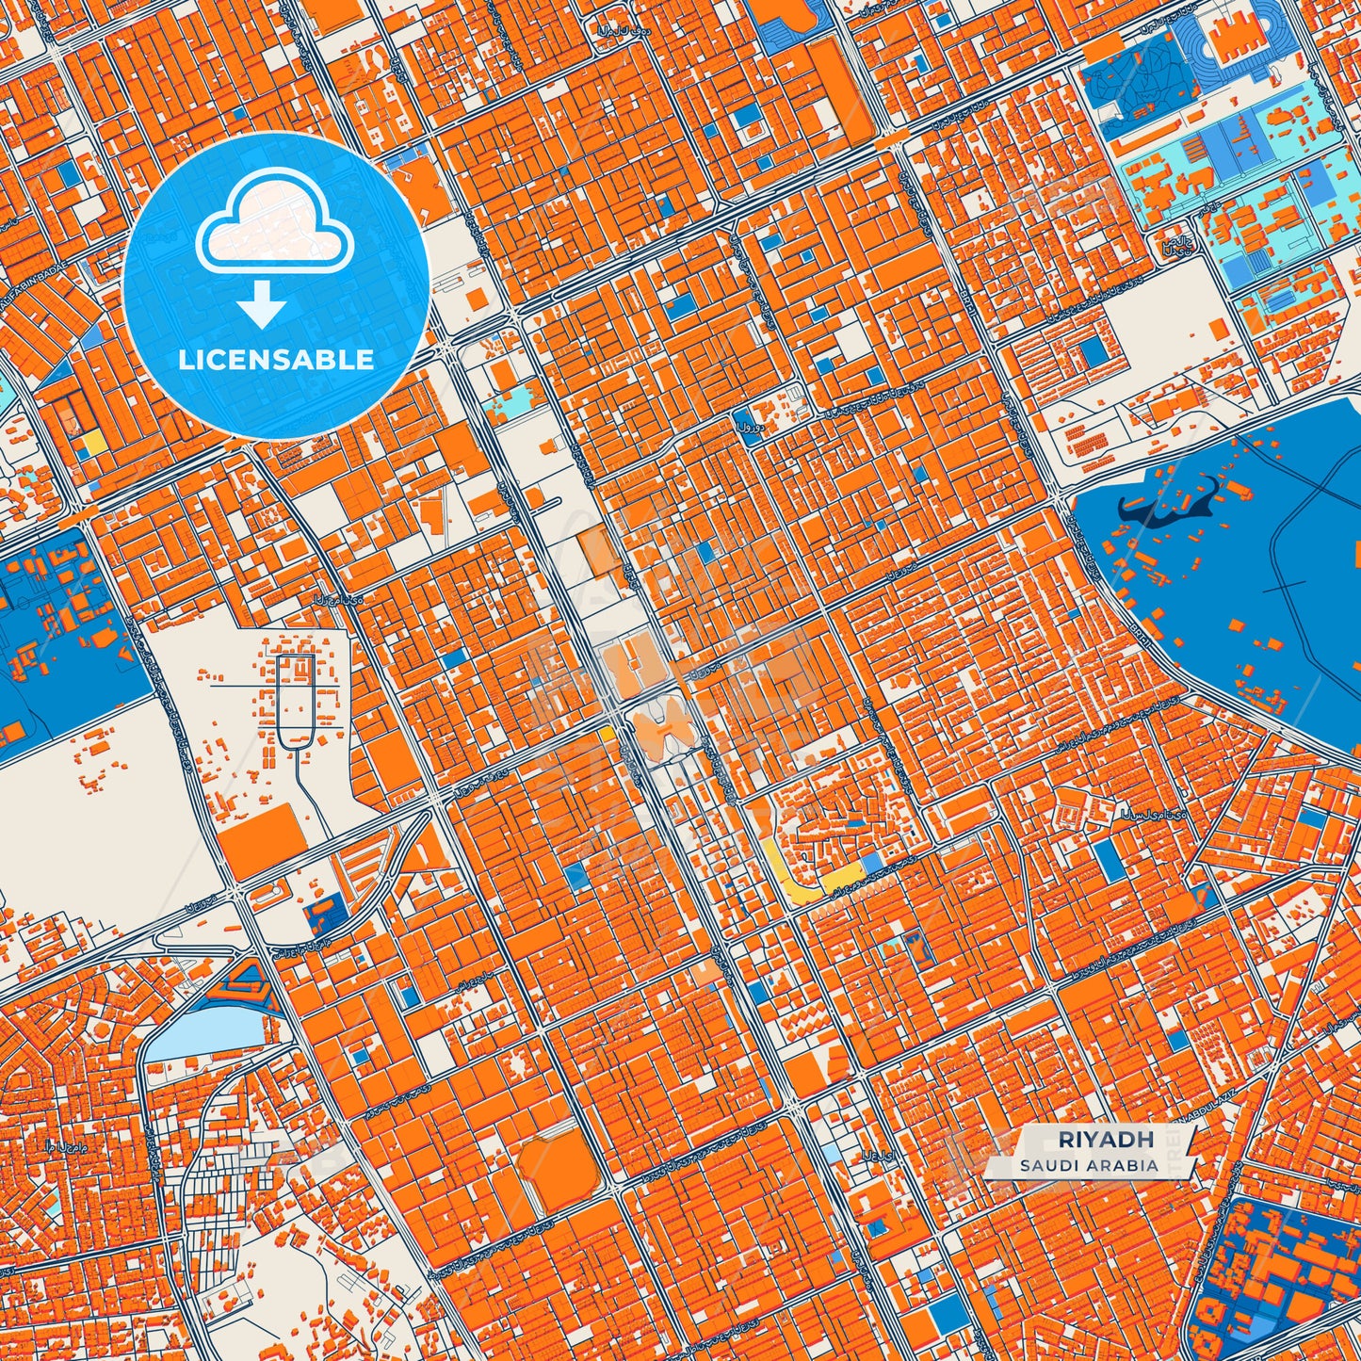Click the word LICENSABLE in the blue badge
click(x=276, y=360)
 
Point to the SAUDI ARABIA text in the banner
click(x=1088, y=1165)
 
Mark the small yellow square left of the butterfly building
click(x=608, y=731)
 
